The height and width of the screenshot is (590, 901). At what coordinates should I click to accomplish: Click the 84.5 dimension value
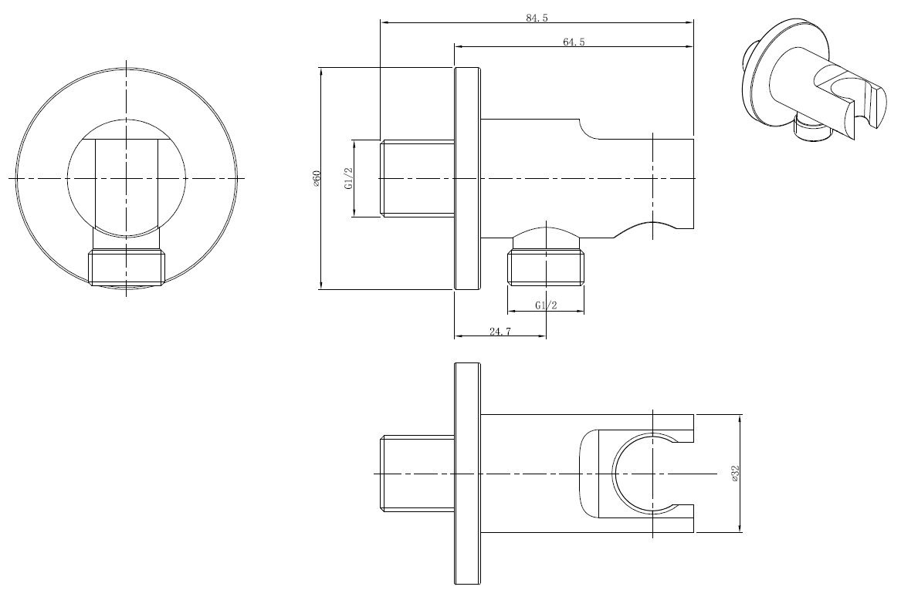(x=537, y=18)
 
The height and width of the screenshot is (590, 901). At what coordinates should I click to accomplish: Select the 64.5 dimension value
(x=574, y=42)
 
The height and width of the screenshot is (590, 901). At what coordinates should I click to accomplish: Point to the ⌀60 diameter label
(x=316, y=178)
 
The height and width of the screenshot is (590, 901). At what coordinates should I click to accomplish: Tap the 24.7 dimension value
(x=500, y=331)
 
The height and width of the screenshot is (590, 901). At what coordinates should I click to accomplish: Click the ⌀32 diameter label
(x=735, y=474)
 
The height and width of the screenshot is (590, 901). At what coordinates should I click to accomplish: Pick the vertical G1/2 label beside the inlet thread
(x=347, y=179)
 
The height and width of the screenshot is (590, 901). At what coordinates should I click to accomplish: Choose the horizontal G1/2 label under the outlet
(x=546, y=305)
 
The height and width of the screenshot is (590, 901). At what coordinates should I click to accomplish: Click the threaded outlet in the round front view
(x=127, y=268)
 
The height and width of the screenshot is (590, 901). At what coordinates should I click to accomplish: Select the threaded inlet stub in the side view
(x=418, y=178)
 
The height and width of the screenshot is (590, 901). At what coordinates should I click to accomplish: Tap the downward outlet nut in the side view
(x=546, y=267)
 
